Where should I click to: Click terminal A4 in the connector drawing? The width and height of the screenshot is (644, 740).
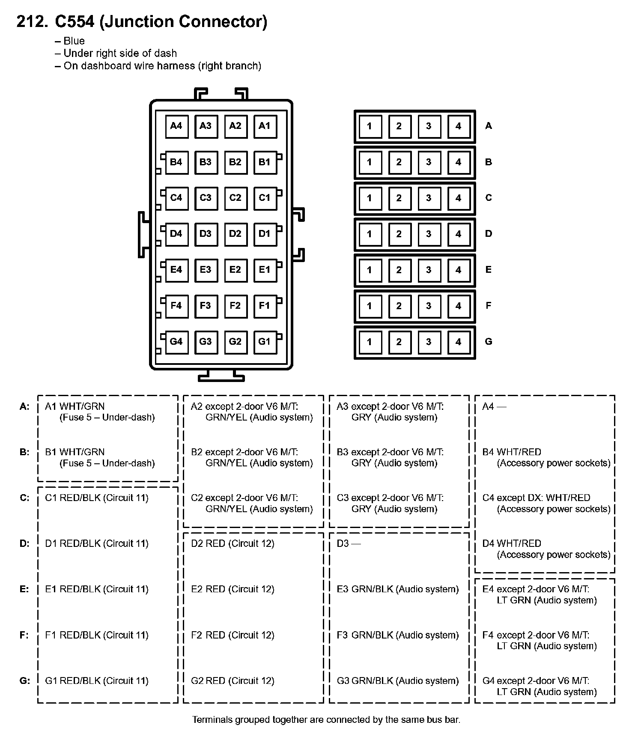click(x=176, y=126)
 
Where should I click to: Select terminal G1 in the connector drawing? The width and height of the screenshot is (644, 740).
click(x=265, y=342)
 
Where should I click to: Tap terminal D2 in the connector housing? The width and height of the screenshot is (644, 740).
click(x=235, y=234)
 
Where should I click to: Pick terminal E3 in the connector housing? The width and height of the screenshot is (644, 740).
click(x=206, y=270)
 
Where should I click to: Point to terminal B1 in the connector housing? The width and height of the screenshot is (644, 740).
click(x=265, y=162)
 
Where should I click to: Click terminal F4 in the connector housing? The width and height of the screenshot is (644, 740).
click(x=176, y=306)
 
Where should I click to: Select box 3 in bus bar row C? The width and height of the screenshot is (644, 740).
click(x=429, y=198)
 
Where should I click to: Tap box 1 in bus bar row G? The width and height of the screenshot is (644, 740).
click(x=370, y=342)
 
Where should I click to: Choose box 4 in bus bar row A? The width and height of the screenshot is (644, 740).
click(x=459, y=126)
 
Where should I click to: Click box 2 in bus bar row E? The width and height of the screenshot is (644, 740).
click(x=399, y=270)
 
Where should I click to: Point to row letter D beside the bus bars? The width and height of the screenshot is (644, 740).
click(x=489, y=234)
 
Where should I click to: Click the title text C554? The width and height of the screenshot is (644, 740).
click(x=75, y=21)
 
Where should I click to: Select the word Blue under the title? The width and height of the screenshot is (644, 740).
click(x=74, y=41)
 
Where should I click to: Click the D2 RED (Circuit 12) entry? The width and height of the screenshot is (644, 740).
click(x=233, y=543)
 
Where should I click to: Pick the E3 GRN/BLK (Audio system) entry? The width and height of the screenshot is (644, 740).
click(x=397, y=589)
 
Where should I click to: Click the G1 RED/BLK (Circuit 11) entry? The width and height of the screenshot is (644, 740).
click(x=97, y=681)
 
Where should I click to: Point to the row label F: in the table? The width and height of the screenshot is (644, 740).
click(x=24, y=635)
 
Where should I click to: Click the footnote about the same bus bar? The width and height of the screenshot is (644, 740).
click(x=326, y=720)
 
